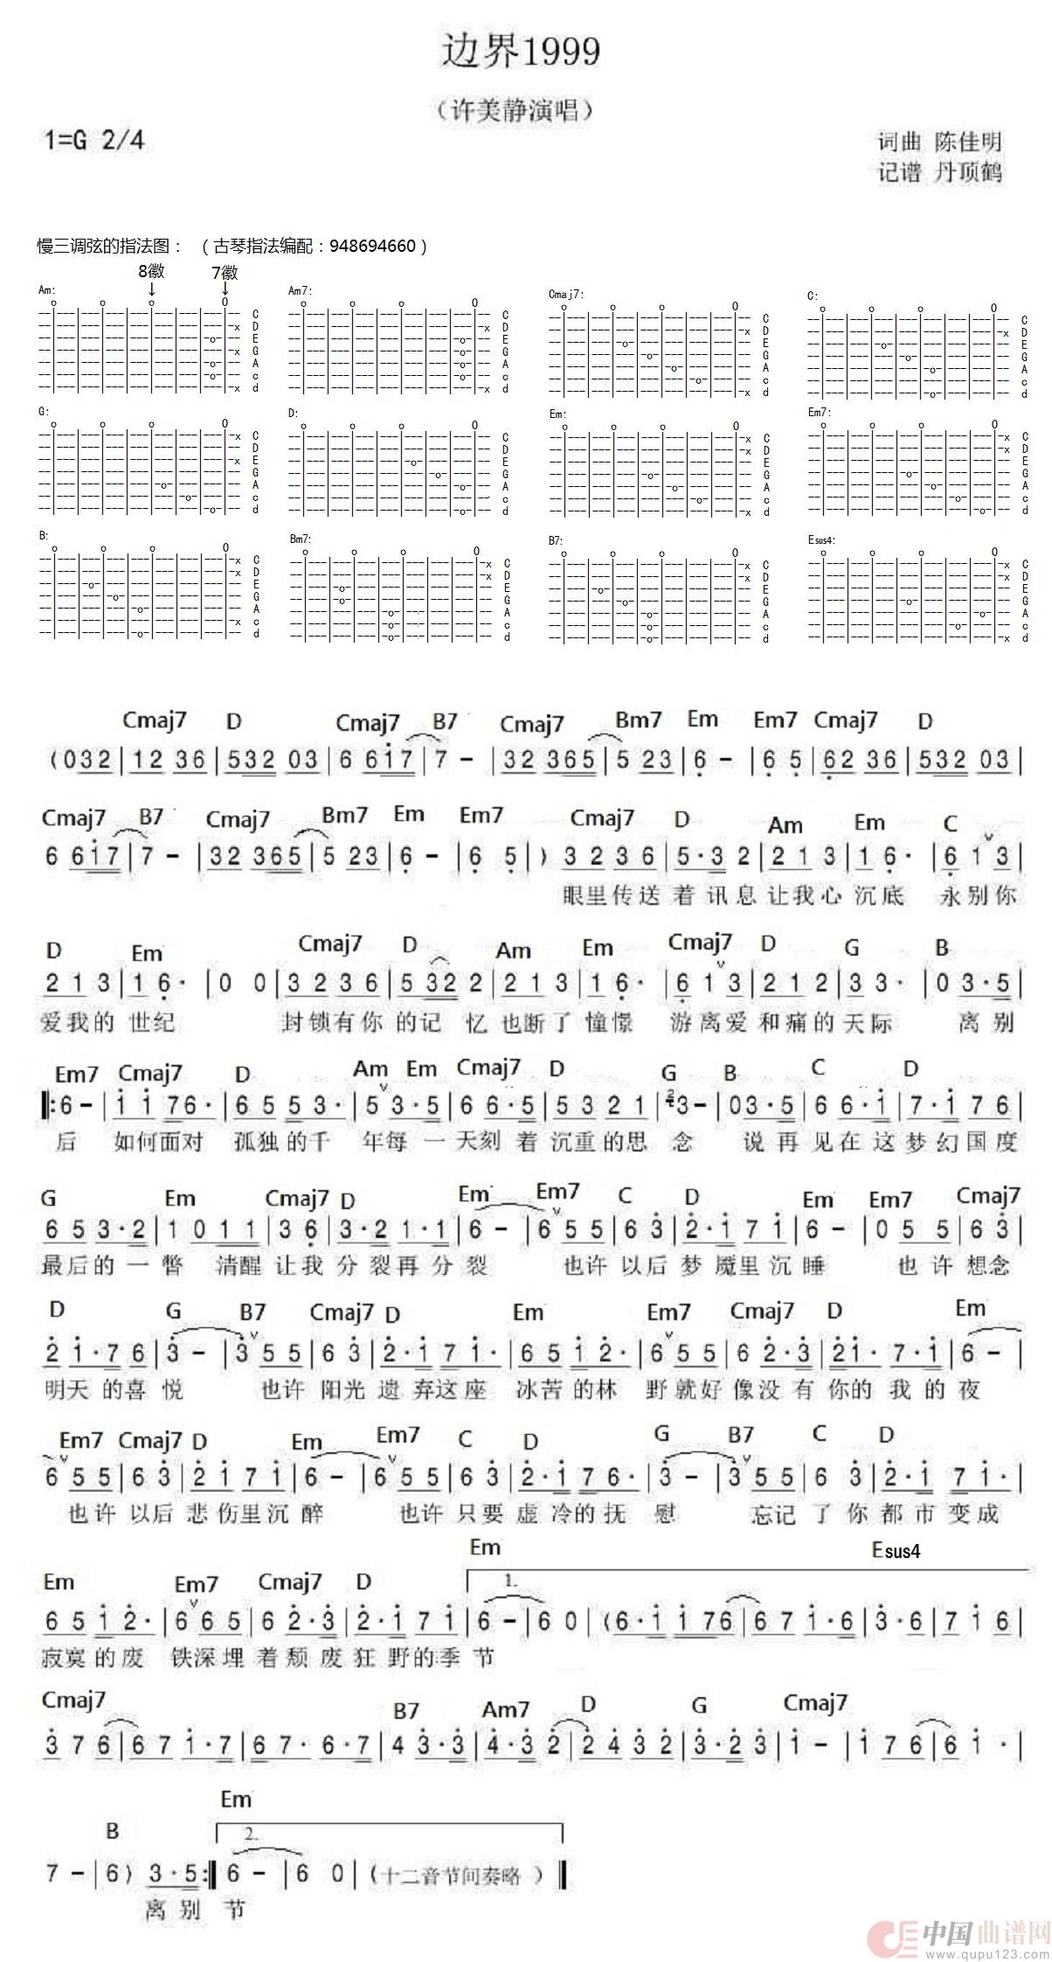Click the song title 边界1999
520,52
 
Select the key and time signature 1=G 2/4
93,140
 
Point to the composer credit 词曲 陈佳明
940,142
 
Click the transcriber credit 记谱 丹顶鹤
940,172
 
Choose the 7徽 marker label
225,273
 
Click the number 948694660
373,247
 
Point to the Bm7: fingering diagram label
300,539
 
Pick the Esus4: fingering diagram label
822,539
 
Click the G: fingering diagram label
44,411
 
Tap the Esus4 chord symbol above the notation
896,1551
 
